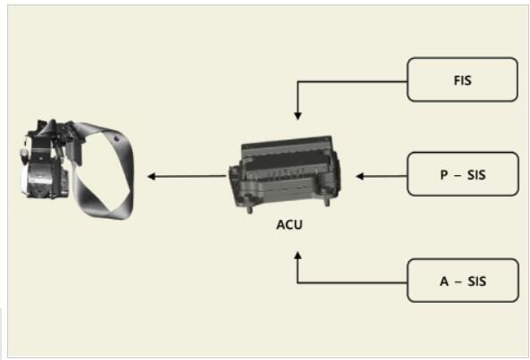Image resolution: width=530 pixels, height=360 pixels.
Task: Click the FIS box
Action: click(462, 80)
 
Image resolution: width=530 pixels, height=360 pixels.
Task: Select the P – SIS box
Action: click(463, 174)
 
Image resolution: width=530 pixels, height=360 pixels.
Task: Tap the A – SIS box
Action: click(463, 280)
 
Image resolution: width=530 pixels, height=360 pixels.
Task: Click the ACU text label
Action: click(290, 224)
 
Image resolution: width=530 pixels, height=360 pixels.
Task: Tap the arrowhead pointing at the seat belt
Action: click(151, 176)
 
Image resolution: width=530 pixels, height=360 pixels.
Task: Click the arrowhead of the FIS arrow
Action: click(298, 116)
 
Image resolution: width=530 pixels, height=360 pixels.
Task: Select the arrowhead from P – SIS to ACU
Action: click(360, 176)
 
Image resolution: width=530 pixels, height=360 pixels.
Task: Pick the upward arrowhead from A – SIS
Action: click(298, 255)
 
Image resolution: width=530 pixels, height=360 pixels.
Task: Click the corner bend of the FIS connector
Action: click(298, 81)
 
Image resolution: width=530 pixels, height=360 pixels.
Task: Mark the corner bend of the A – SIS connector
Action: click(298, 282)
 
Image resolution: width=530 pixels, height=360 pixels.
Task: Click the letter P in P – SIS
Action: click(444, 174)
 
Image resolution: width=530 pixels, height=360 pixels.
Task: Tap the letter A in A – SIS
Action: click(444, 281)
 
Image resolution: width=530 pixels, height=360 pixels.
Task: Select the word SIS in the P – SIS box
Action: click(476, 174)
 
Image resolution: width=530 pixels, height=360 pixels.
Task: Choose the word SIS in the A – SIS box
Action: click(477, 281)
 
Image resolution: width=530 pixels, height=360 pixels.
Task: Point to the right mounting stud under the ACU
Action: click(326, 202)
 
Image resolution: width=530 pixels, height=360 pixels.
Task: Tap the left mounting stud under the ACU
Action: click(249, 209)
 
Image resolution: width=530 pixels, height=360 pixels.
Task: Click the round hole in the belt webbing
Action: click(116, 138)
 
